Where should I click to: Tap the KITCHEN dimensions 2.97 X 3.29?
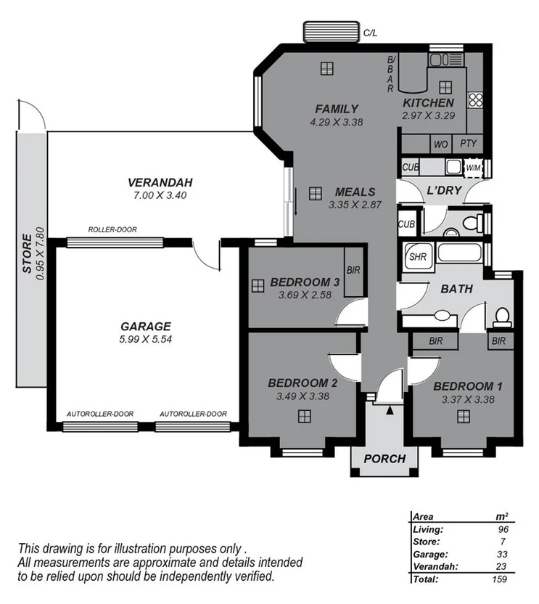tap(428, 115)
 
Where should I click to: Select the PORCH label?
tap(384, 459)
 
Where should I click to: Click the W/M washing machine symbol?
tap(473, 168)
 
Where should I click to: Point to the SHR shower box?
tap(418, 256)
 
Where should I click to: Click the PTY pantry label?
tap(469, 144)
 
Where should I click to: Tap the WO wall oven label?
tap(440, 144)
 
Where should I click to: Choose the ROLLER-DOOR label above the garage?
tap(112, 229)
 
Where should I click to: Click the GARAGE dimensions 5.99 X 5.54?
tap(146, 339)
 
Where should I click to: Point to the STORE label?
tap(27, 253)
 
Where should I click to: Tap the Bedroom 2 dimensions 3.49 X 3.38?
tap(303, 396)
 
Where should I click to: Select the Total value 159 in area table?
tap(498, 579)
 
